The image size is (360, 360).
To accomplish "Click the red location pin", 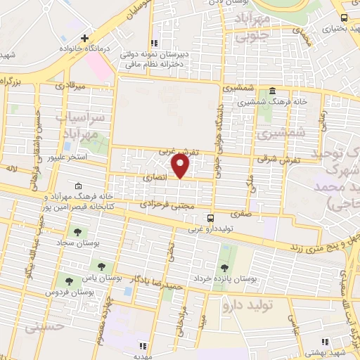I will click(181, 167).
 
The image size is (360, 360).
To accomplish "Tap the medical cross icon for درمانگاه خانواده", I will click(84, 37).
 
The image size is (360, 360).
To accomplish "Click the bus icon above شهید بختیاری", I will click(343, 18).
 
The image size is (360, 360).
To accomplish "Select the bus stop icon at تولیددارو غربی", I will click(209, 219).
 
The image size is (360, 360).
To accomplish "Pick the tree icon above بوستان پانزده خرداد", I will click(224, 267).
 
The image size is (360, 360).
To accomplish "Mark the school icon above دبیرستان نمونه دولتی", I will click(155, 43).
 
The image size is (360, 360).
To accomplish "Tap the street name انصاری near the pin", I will click(155, 179).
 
